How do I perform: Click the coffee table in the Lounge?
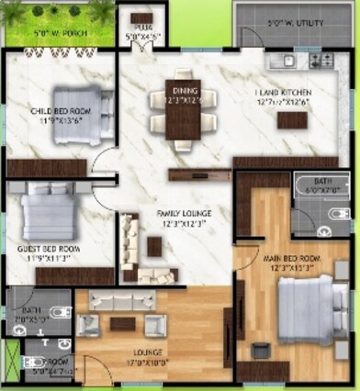(x=122, y=323)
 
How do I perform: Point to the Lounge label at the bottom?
(x=149, y=352)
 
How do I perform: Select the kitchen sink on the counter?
(x=287, y=61)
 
